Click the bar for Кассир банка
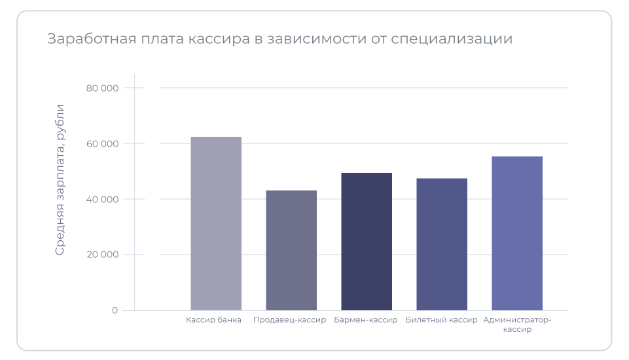[x=216, y=223]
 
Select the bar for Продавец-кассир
[x=291, y=250]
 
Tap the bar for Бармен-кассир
[x=367, y=242]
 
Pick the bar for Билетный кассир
[x=442, y=244]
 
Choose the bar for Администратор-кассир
[x=517, y=233]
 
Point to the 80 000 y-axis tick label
[x=102, y=88]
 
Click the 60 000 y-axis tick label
[x=102, y=143]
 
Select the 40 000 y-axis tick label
[x=102, y=199]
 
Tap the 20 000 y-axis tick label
[x=102, y=255]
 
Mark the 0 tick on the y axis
[x=115, y=310]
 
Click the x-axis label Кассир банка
[x=213, y=320]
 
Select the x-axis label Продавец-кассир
[x=289, y=320]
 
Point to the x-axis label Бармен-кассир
[x=365, y=320]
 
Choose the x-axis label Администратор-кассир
[x=517, y=325]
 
